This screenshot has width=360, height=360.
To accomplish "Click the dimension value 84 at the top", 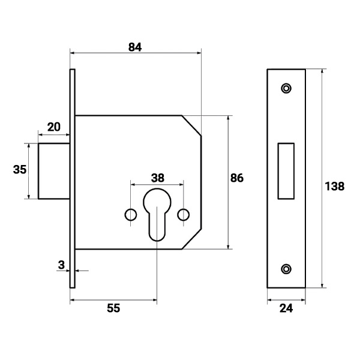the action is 135,47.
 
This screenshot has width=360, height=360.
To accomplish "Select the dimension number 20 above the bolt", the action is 54,127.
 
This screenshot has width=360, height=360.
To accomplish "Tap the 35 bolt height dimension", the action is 20,170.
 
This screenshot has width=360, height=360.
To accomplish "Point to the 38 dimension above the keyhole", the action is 158,178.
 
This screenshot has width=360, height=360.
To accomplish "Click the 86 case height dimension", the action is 237,178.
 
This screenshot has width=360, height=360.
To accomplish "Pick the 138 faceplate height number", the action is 335,186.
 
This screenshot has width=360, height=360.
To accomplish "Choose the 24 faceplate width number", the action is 286,308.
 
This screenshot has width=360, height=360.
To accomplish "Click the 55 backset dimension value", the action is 113,308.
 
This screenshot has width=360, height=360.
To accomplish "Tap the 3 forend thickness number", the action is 61,265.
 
